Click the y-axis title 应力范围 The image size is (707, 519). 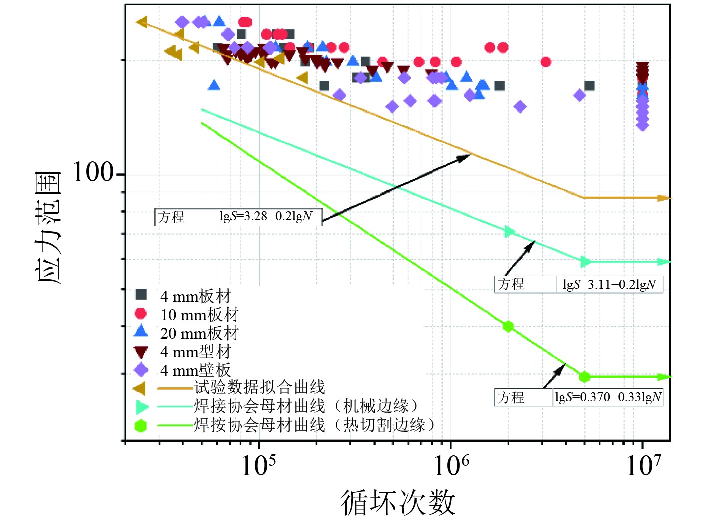(x=48, y=227)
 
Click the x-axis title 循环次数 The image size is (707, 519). (x=398, y=502)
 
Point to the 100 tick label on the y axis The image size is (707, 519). (x=93, y=173)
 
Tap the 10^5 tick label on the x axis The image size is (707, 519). (x=258, y=466)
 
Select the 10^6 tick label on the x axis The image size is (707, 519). (x=451, y=466)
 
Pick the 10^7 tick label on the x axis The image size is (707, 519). (x=643, y=466)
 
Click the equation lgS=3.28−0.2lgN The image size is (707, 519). (x=265, y=216)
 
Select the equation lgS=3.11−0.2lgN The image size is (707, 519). (x=609, y=284)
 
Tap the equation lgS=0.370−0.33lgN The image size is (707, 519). (x=608, y=397)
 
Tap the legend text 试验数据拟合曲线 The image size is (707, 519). (x=259, y=387)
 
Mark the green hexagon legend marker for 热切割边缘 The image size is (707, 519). (x=141, y=426)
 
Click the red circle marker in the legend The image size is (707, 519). (x=141, y=314)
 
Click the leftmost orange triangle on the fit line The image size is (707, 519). (x=142, y=22)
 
